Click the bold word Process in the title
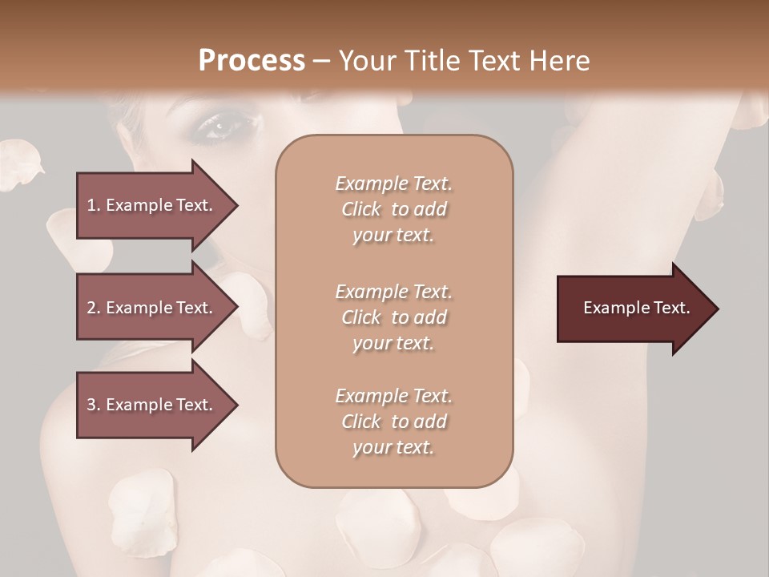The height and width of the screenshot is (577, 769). (252, 61)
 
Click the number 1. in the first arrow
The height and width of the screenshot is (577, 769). (93, 205)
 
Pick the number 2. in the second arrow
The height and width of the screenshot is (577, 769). (93, 308)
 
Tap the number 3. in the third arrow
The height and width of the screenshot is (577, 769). (93, 405)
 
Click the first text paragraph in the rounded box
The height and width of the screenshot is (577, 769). (393, 209)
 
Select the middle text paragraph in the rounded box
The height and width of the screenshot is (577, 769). (393, 317)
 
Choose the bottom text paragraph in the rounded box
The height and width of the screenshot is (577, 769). (393, 422)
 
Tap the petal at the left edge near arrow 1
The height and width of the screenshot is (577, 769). (20, 164)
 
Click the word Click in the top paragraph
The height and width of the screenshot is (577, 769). (361, 209)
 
